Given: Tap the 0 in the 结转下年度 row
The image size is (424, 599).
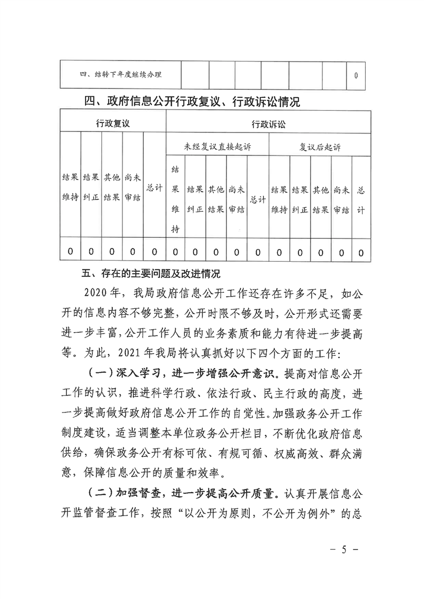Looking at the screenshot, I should click(x=356, y=75).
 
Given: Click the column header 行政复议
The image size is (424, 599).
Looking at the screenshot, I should click(x=113, y=123).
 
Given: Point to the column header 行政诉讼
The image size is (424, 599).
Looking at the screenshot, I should click(x=269, y=123).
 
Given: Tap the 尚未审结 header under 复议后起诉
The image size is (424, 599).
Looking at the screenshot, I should click(x=341, y=199).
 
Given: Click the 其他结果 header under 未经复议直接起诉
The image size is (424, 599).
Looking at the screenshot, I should click(x=216, y=199).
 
